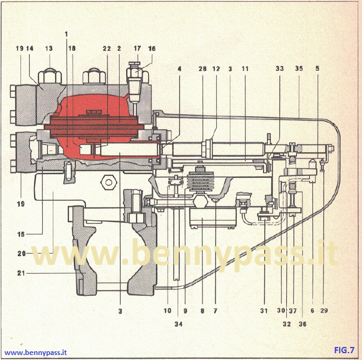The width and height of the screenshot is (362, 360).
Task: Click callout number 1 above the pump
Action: pyautogui.click(x=66, y=34)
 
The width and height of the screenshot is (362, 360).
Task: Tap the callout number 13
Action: pyautogui.click(x=48, y=48)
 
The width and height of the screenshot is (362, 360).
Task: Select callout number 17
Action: pyautogui.click(x=137, y=48)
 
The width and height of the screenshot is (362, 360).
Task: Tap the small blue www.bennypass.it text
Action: pyautogui.click(x=35, y=353)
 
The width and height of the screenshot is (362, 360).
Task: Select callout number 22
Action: pyautogui.click(x=106, y=48)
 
